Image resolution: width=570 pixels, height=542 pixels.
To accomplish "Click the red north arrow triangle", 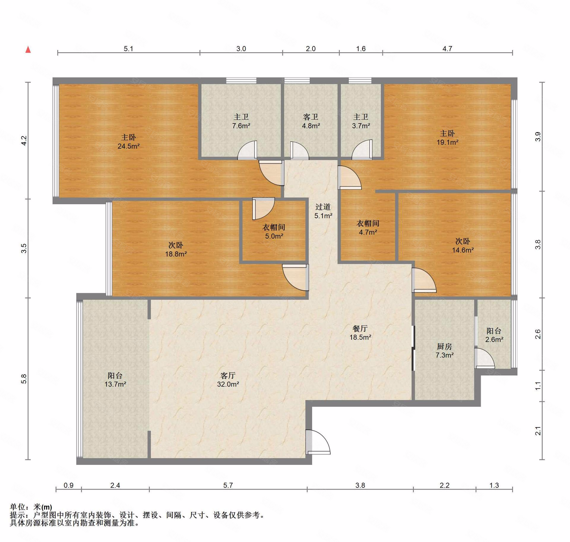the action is pos(28,50).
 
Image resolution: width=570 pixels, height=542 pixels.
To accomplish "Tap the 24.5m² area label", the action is pos(129,146).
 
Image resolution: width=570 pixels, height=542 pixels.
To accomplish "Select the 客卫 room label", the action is pos(311,117).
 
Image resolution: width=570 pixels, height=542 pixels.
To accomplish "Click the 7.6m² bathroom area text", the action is pos(241,126).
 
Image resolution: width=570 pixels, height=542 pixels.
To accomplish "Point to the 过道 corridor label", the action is pos(323,207).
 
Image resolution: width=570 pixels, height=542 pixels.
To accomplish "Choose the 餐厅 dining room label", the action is pos(360,328).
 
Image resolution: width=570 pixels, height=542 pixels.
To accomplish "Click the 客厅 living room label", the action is pos(228,375).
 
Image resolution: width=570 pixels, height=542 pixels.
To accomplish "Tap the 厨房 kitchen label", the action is pos(444,346).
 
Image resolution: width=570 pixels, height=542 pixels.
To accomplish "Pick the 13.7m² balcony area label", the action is pos(115,384).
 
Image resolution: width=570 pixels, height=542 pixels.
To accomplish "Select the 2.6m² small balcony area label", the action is pos(494,339).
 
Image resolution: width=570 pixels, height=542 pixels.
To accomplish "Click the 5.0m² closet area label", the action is pos(274,236).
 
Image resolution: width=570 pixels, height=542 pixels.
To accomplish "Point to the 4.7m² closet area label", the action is pos(368,232).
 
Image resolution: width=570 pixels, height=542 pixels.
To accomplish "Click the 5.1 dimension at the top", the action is pos(129,49).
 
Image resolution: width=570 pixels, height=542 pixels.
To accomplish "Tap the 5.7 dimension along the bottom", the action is pos(228,485).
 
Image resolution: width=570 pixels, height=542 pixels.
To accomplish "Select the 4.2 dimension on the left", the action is pos(24,140).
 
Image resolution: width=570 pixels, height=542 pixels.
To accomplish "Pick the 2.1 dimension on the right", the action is pos(538,431).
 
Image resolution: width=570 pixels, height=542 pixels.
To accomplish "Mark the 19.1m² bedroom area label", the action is pos(447,142).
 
